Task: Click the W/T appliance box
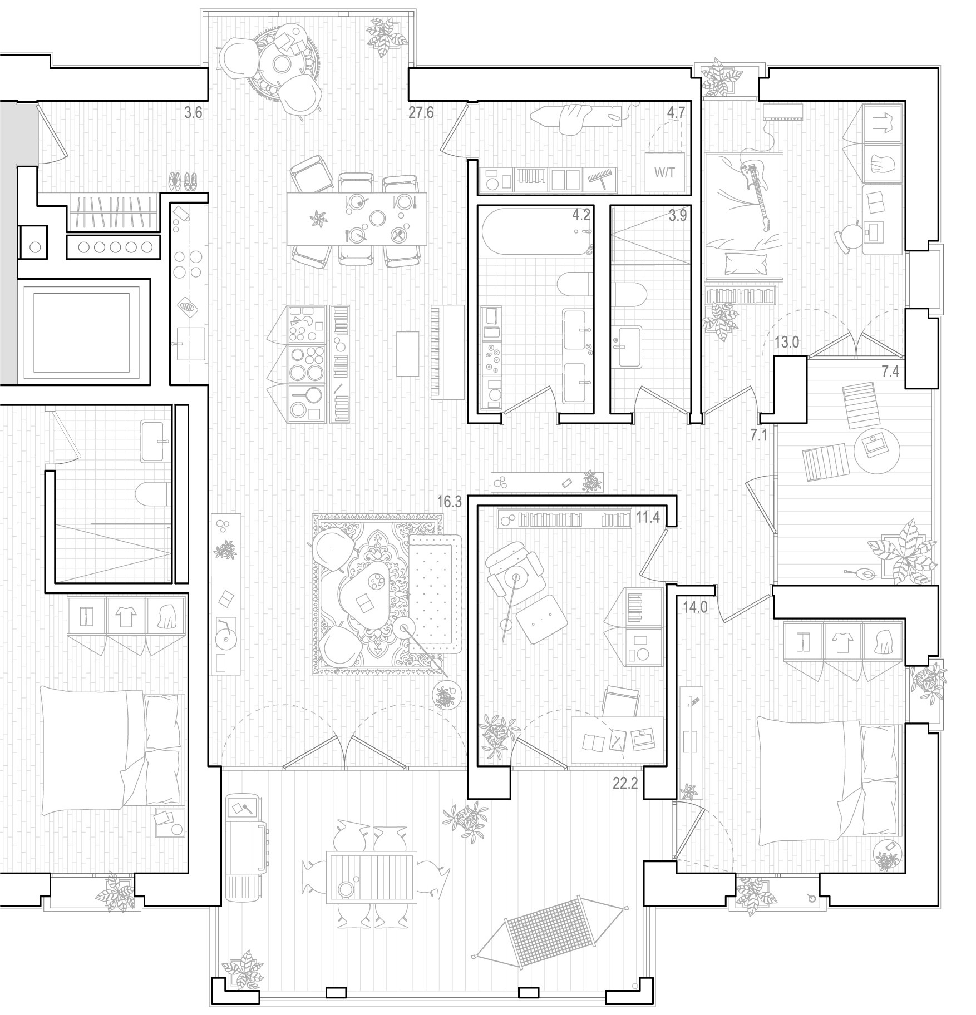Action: click(x=664, y=172)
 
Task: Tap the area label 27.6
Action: click(x=421, y=113)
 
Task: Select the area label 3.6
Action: click(x=193, y=113)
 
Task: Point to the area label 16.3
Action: click(x=450, y=502)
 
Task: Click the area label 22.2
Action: click(x=625, y=784)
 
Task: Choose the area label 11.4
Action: click(x=648, y=518)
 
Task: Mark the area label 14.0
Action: click(x=695, y=608)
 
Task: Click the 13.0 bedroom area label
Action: click(x=787, y=342)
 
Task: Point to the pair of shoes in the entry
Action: click(x=183, y=180)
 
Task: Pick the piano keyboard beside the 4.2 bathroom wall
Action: click(x=447, y=351)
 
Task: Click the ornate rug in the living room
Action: click(x=378, y=594)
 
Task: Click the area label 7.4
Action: click(x=890, y=372)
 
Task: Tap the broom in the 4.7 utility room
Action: click(x=600, y=177)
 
